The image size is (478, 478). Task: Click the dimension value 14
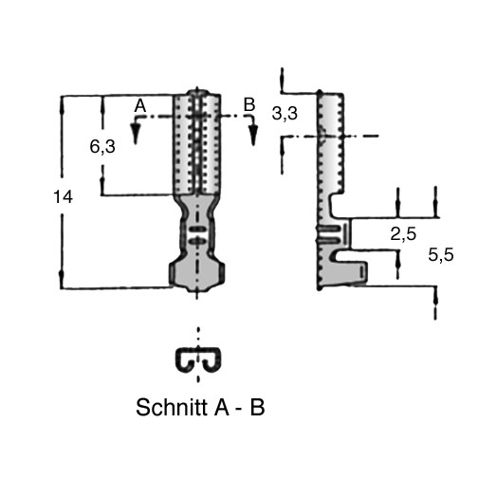64,197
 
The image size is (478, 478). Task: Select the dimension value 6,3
102,147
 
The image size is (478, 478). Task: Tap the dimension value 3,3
285,114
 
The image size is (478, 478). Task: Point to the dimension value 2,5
403,234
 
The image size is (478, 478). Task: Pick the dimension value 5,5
441,255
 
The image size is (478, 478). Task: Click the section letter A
140,105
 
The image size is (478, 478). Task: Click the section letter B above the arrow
249,104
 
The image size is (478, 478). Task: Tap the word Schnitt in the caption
173,407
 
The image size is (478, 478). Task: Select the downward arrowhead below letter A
136,130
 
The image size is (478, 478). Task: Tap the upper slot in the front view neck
196,230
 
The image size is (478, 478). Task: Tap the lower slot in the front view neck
196,242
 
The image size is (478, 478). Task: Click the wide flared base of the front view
196,274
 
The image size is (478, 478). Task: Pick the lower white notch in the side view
349,256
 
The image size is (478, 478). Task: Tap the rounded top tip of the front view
197,93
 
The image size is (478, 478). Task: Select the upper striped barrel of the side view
331,142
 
